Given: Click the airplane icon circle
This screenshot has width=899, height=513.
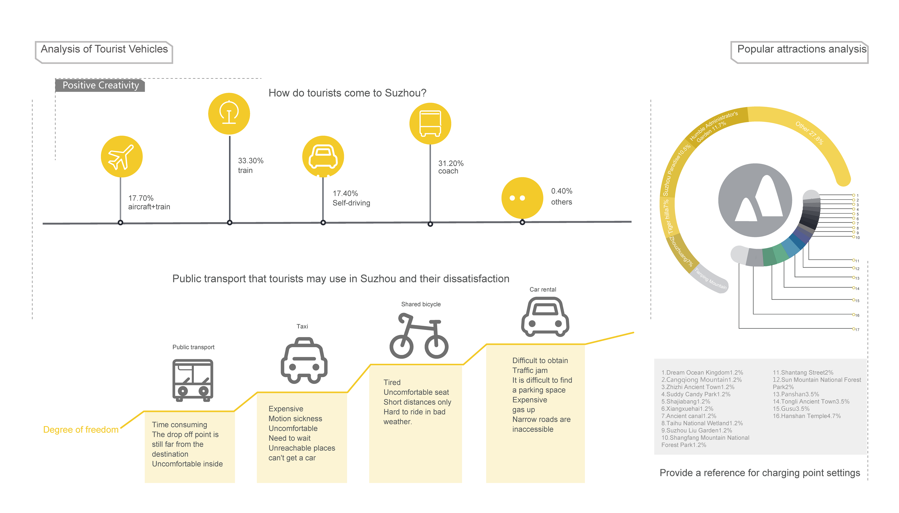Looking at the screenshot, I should [122, 156].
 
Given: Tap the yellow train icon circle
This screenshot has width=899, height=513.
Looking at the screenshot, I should [229, 113].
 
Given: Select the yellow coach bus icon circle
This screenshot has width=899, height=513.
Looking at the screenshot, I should [430, 123].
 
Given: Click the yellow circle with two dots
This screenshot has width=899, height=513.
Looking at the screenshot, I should [522, 198].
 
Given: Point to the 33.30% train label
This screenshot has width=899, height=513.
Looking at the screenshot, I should [251, 165].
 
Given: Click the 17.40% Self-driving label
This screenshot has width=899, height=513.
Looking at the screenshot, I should [351, 198].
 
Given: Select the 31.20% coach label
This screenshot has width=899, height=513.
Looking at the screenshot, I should [450, 167].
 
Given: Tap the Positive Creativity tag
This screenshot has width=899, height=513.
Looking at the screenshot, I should [100, 85].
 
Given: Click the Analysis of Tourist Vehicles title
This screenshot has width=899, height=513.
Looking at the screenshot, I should [104, 49].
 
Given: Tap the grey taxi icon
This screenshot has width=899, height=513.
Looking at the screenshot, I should [304, 361].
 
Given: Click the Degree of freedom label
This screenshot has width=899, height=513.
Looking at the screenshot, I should [81, 430].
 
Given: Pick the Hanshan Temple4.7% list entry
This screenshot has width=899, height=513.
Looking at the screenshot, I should [807, 416].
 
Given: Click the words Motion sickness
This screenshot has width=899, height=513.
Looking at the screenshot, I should [295, 419].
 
